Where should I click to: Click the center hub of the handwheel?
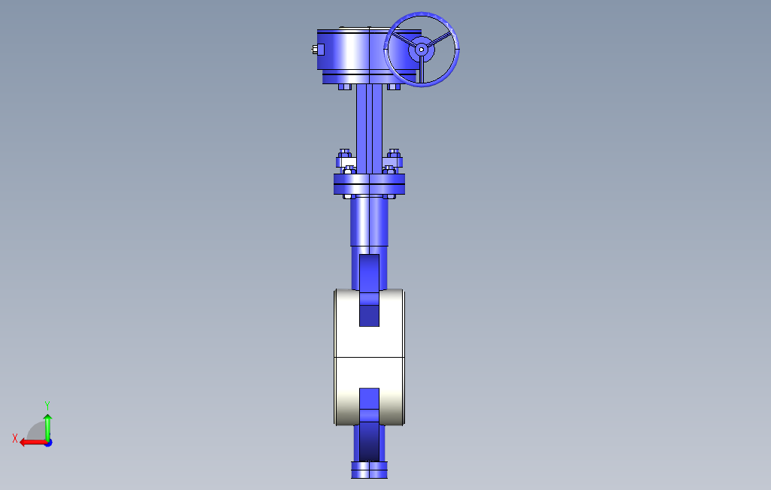(422, 49)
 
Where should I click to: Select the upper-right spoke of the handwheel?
(440, 39)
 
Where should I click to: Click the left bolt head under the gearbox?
(345, 87)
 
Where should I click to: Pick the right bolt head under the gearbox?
(394, 87)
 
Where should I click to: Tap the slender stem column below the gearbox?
(369, 129)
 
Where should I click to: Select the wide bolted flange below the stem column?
(369, 184)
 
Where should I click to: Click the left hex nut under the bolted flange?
(349, 197)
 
